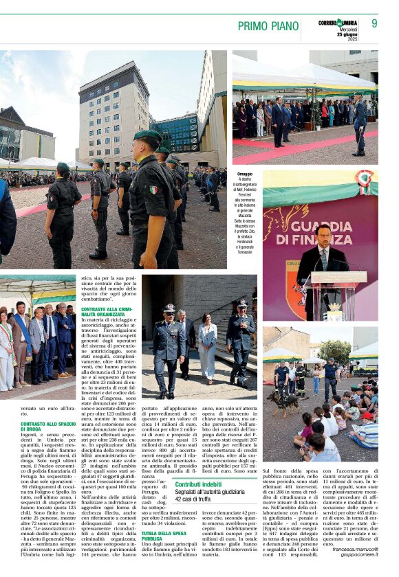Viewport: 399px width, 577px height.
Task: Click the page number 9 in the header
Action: [x=374, y=23]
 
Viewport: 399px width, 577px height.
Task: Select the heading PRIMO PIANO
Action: [x=268, y=26]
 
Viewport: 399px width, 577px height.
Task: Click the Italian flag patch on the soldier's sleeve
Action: [x=153, y=188]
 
